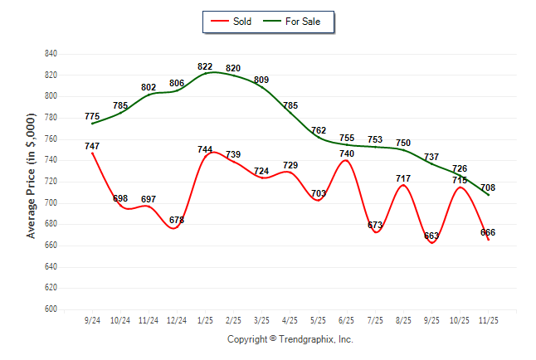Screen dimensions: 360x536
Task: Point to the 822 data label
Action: (205, 66)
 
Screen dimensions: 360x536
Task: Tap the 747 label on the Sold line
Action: (92, 146)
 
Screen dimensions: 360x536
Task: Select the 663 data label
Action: (431, 236)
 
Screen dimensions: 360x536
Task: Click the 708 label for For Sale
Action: (488, 188)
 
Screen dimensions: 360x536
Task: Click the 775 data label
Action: (92, 117)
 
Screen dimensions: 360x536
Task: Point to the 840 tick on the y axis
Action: (51, 54)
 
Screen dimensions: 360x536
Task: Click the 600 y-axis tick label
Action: (51, 309)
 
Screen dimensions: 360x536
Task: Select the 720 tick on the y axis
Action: (51, 182)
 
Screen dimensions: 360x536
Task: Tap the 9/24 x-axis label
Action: (92, 319)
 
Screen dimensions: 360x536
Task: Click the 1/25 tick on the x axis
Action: (205, 319)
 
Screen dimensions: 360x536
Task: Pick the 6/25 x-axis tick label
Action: (347, 319)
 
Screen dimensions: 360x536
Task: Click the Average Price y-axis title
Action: (32, 182)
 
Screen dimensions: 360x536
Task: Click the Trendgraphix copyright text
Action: (290, 339)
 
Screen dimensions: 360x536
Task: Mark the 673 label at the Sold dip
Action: (375, 225)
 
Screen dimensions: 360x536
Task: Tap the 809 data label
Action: (261, 80)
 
